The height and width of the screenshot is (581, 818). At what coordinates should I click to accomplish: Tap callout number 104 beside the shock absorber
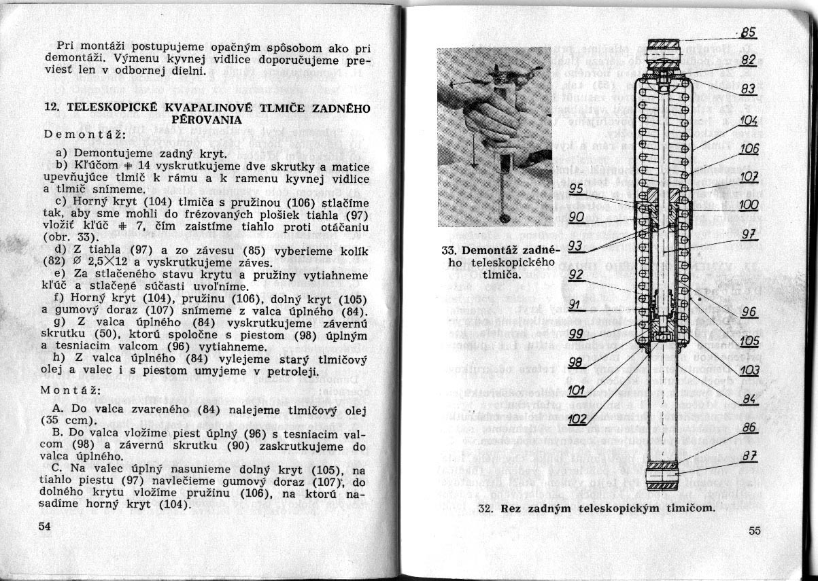[x=749, y=121]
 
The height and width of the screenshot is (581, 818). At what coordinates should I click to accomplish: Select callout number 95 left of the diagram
[x=577, y=189]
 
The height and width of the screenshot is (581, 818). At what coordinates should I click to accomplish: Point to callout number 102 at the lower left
[x=576, y=419]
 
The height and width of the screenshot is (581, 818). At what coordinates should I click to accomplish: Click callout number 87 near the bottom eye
[x=749, y=457]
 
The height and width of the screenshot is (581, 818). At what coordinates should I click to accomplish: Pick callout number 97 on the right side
[x=748, y=234]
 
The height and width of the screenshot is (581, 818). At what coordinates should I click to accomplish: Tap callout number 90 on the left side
[x=577, y=217]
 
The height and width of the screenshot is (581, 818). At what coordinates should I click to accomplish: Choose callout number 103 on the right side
[x=749, y=370]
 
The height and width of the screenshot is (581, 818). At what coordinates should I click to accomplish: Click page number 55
[x=754, y=531]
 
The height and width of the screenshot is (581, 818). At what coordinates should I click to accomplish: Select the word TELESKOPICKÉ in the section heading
[x=108, y=107]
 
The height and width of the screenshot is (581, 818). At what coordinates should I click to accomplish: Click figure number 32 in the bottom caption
[x=485, y=508]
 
